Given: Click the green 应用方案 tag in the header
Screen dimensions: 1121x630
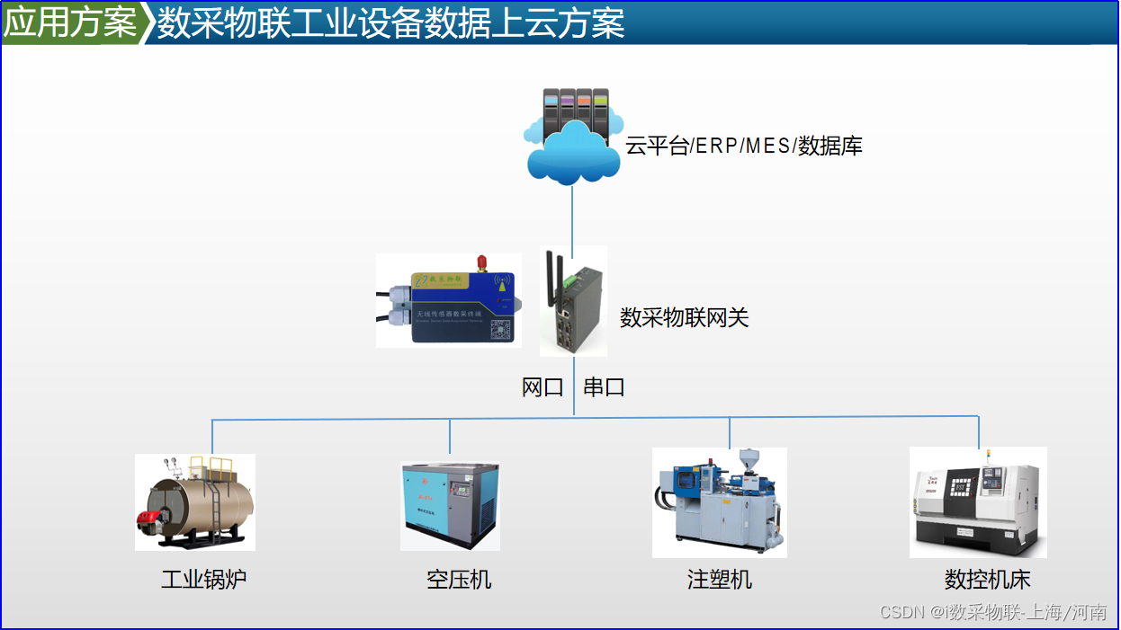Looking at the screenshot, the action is pos(70,23).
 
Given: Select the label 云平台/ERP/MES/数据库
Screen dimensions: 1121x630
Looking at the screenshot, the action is pos(744,146).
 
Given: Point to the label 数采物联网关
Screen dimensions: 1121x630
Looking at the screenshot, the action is pos(685,317).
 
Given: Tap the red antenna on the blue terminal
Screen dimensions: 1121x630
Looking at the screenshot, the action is pos(481,262).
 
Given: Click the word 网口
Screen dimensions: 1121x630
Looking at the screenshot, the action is pos(543,387).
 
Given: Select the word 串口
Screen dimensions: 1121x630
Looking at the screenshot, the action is pos(604,387).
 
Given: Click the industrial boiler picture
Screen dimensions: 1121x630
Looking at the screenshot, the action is pos(195,501).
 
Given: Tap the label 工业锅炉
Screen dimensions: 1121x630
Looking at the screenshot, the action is pos(203,579).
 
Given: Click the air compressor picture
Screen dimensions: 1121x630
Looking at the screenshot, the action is pos(450,505).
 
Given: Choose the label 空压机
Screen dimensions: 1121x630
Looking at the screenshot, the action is pos(459,579).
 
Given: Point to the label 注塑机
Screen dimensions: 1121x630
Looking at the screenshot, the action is pos(720,579).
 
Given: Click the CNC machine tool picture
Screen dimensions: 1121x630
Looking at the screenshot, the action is pos(978,501).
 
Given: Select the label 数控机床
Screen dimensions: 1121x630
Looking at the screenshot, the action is pos(987,579).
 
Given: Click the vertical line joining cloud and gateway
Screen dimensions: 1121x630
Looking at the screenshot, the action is pos(573,216).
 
